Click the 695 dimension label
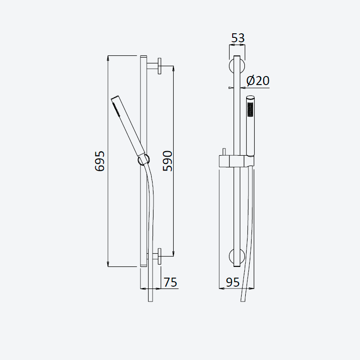coord(99,161)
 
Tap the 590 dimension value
coord(167,161)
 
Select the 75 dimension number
coord(171,282)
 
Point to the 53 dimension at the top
coord(238,38)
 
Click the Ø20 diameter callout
coord(258,81)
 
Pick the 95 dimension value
coord(233,282)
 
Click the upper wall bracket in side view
coord(154,66)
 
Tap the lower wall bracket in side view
coord(154,256)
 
